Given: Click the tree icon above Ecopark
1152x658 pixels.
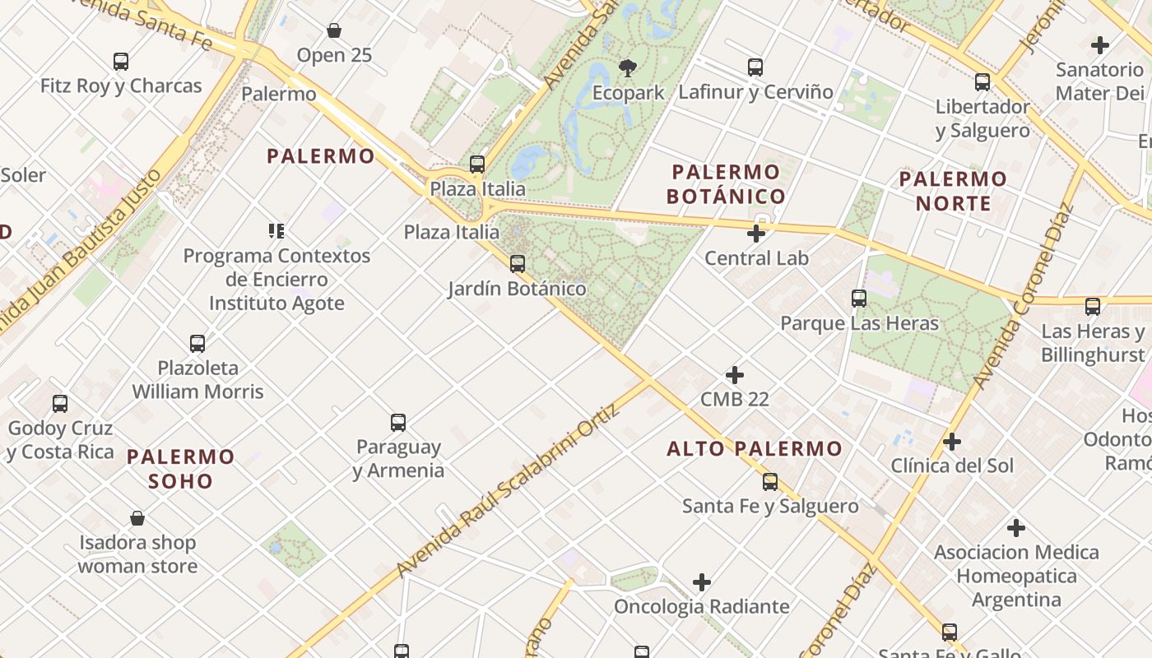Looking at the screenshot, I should (628, 67).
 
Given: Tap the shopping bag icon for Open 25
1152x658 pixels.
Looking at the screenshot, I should (334, 30).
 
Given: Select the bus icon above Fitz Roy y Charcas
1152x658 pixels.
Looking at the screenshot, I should (121, 61).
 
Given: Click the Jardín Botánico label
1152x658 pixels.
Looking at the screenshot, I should (517, 289).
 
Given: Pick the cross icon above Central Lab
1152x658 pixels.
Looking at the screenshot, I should (756, 234).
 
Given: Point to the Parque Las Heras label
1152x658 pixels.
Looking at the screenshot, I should (859, 323).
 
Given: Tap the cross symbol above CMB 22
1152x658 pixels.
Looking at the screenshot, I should (735, 375).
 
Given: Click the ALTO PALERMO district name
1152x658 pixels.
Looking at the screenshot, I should (755, 448).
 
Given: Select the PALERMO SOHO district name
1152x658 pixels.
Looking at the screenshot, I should (181, 468).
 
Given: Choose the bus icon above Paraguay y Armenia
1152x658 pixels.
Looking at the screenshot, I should (398, 423).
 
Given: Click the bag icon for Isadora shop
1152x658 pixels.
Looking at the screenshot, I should (137, 518).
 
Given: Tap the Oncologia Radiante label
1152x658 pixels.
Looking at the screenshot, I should (701, 607).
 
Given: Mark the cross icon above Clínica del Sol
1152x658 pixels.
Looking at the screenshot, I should (952, 442).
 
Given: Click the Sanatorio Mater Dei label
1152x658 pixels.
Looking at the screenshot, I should (1100, 81).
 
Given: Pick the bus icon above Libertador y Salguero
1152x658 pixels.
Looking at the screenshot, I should (982, 82).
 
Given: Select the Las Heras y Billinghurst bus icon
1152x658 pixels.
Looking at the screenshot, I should (1093, 307).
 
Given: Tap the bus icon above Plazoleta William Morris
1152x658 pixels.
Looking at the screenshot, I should (197, 344).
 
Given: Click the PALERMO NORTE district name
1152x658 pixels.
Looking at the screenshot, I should (953, 191).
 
